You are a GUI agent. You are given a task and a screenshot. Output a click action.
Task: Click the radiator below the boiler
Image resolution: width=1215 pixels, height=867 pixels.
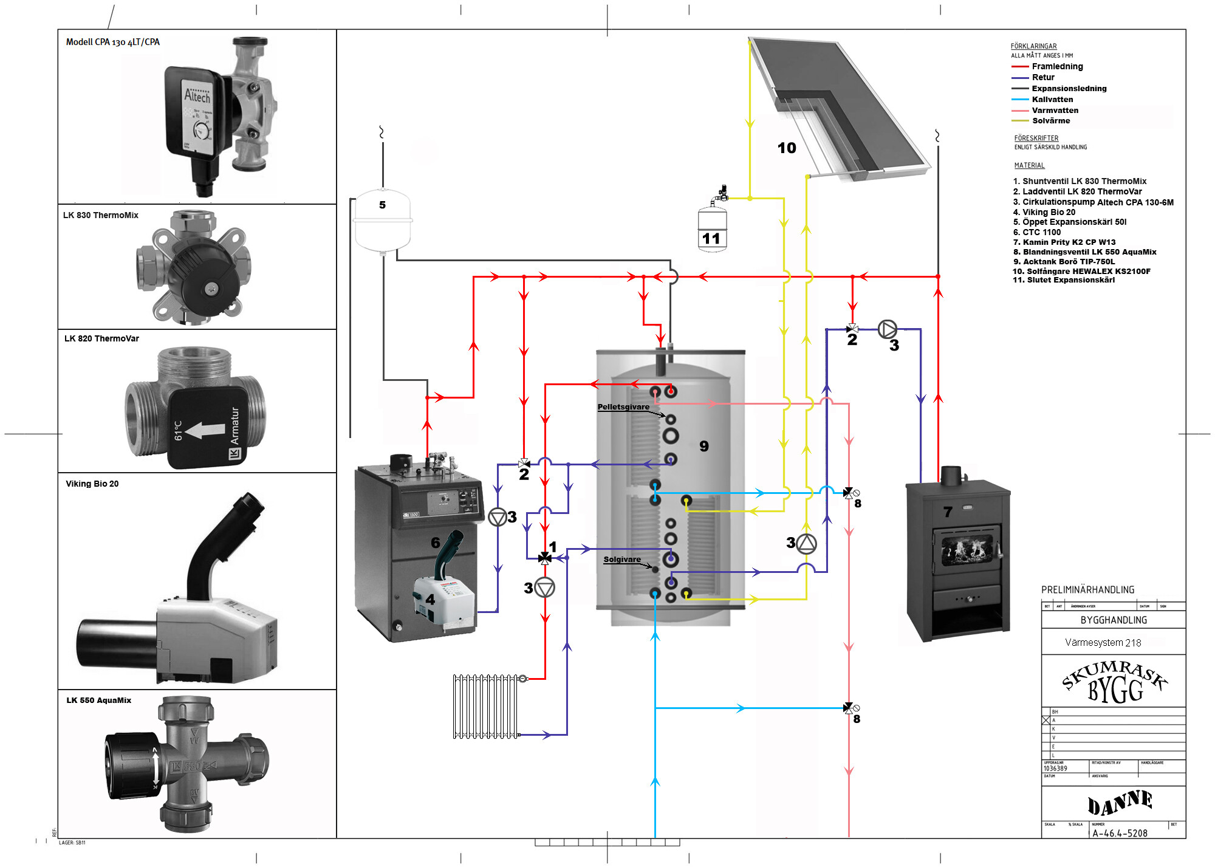click(x=486, y=706)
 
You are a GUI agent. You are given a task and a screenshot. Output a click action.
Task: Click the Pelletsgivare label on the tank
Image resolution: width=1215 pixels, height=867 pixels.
click(x=623, y=407)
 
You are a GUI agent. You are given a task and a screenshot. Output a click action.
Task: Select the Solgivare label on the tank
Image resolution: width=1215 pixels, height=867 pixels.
click(x=622, y=560)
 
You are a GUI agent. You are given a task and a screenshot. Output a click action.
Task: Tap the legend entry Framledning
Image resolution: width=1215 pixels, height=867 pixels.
click(x=1057, y=67)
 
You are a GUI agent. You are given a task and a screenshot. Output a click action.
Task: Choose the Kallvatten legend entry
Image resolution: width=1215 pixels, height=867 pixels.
click(x=1052, y=100)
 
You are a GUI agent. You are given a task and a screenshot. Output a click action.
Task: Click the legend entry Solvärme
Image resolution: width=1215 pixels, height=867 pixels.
click(x=1051, y=121)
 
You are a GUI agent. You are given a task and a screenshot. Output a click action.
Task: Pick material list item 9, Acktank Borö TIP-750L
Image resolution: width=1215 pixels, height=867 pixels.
click(x=1069, y=262)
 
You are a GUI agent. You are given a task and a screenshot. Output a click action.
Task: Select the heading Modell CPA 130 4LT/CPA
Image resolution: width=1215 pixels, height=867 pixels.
click(x=113, y=42)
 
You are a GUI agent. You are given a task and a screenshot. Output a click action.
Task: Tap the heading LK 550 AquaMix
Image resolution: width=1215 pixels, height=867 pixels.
click(x=99, y=701)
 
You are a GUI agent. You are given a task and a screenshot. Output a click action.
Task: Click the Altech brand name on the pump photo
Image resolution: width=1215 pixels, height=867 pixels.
click(x=197, y=96)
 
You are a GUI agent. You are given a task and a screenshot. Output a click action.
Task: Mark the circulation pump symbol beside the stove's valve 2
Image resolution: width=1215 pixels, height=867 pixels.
click(x=887, y=329)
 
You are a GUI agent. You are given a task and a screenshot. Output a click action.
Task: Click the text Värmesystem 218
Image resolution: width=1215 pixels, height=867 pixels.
click(x=1103, y=643)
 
